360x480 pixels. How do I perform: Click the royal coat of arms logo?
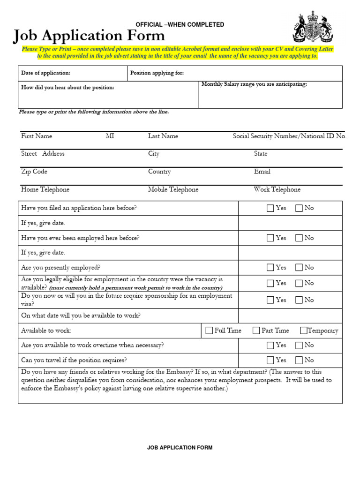(313, 28)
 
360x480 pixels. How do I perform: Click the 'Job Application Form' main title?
(89, 36)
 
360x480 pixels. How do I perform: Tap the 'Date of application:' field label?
(45, 73)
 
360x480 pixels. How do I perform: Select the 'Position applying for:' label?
(157, 73)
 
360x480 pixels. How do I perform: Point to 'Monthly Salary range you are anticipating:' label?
(254, 84)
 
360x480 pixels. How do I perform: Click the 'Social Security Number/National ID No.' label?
(290, 136)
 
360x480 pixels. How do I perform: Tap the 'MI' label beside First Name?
(110, 136)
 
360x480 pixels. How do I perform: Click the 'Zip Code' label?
(34, 172)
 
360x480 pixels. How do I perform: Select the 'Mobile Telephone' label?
(173, 189)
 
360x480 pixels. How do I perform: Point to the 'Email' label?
(262, 172)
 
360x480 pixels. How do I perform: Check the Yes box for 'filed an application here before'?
(270, 208)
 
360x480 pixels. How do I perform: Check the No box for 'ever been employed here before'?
(299, 238)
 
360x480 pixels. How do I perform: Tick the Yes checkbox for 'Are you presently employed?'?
(270, 268)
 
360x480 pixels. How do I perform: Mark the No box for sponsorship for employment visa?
(299, 300)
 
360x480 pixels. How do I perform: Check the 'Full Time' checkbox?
(209, 330)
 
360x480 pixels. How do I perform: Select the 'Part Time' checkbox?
(256, 330)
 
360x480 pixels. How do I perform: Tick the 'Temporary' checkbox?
(304, 330)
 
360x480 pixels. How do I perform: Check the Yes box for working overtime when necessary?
(270, 345)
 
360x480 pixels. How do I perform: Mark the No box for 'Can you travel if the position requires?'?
(299, 360)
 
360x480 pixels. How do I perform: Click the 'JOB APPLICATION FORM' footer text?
(180, 448)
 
